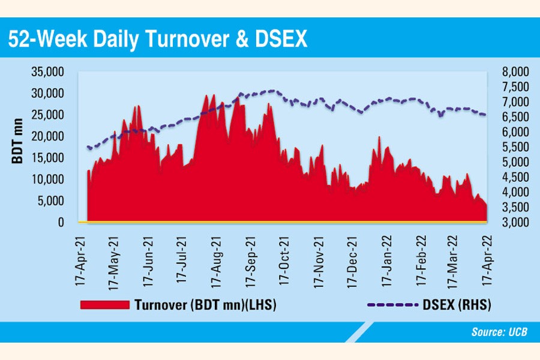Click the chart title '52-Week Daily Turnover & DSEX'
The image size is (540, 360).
[157, 39]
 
